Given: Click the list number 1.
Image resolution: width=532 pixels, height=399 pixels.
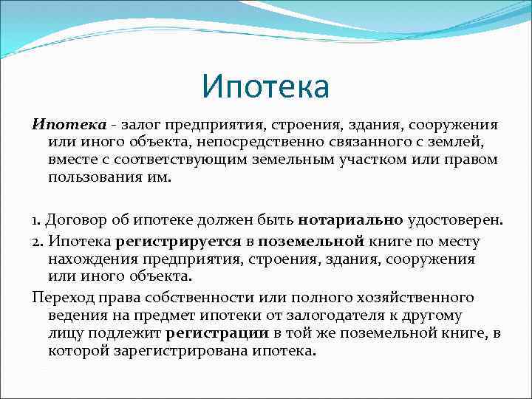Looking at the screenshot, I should coord(37,219).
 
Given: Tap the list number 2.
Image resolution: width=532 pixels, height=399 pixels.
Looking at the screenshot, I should coord(37,242).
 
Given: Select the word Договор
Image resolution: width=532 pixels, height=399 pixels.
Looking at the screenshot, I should coord(74,219).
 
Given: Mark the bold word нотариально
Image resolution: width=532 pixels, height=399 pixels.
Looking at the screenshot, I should coord(350,219).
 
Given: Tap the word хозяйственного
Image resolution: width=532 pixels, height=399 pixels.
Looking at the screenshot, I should coord(409,298).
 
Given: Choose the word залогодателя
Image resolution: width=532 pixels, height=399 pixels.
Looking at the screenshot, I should coord(346,316).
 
